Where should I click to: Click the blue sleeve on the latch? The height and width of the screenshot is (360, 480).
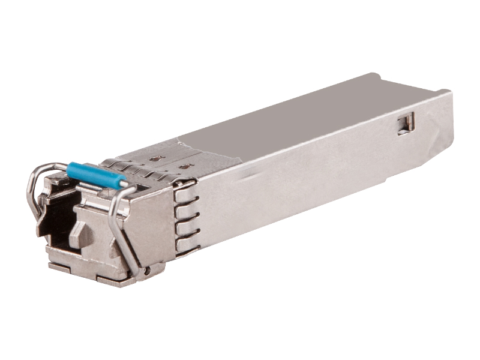click(96, 174)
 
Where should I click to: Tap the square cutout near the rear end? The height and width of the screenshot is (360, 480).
click(406, 122)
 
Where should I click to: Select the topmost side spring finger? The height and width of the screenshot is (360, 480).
click(185, 191)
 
